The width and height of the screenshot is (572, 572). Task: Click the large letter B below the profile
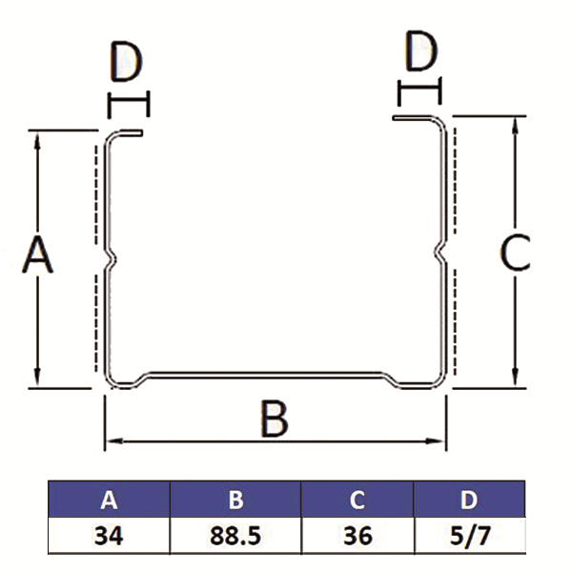click(x=275, y=419)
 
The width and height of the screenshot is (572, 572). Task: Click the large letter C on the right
click(x=516, y=254)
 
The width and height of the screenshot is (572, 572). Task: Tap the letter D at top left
click(x=126, y=63)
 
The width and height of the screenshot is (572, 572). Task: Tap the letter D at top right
click(x=419, y=53)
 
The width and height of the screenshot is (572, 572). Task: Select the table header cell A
click(x=109, y=500)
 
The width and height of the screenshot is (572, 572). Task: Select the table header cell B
click(x=235, y=500)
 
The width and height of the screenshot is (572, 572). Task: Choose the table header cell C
click(x=357, y=500)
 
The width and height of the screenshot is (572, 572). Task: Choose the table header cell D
click(x=469, y=500)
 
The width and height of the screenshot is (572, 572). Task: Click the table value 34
click(x=109, y=536)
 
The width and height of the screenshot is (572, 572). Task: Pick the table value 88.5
click(x=235, y=536)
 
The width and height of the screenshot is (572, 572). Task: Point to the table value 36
click(x=357, y=536)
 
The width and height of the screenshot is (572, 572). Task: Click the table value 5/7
click(x=469, y=536)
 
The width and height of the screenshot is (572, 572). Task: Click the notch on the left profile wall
click(x=112, y=257)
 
